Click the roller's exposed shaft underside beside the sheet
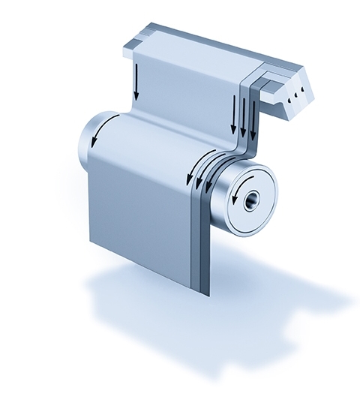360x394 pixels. pos(225,225)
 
